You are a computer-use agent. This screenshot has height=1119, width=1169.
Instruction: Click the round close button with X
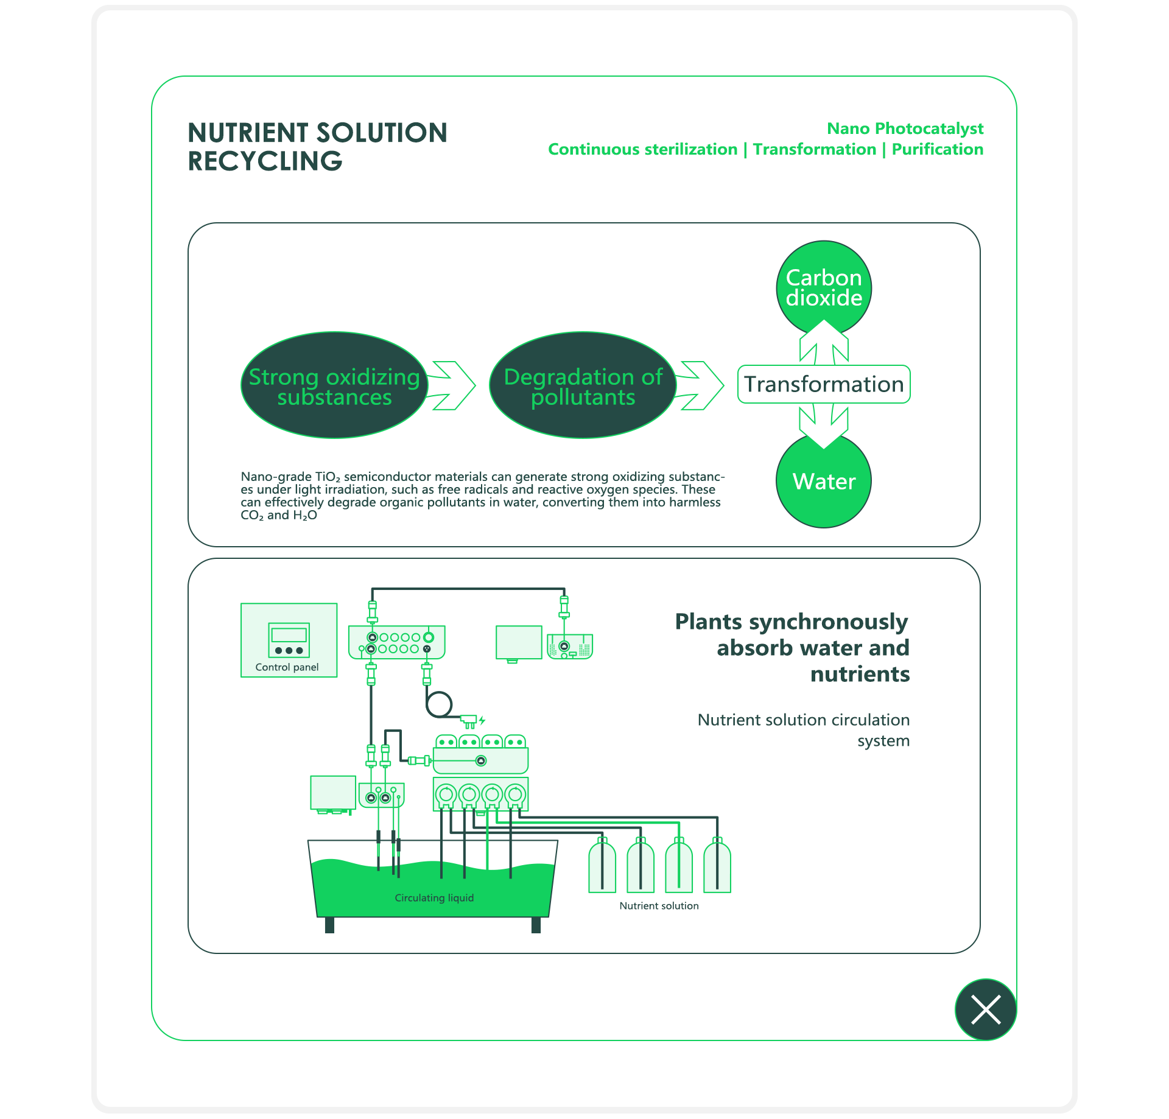click(x=985, y=1009)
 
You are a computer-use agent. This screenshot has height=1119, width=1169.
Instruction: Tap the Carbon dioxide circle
click(x=824, y=287)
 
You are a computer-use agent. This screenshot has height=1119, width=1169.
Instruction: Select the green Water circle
click(x=824, y=481)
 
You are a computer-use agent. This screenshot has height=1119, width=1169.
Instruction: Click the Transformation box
click(x=824, y=384)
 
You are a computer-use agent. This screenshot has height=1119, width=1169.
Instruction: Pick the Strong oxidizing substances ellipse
click(x=334, y=385)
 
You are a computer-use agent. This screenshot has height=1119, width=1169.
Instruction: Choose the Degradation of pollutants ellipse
click(x=583, y=385)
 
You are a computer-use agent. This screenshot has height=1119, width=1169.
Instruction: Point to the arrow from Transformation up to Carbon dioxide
click(x=824, y=344)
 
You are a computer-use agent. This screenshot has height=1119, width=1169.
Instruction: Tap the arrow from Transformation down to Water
click(x=824, y=425)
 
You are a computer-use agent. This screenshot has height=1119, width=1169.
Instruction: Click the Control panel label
click(x=287, y=667)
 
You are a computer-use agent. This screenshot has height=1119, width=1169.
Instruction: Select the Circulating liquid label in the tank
click(x=434, y=898)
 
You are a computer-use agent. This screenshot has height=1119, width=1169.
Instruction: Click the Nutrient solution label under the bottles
click(x=659, y=906)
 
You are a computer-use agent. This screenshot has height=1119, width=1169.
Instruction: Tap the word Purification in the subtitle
click(x=937, y=149)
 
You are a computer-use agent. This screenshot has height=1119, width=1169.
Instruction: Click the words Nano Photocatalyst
click(x=905, y=128)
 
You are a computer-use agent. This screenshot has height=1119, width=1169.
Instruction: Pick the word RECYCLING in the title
click(x=265, y=161)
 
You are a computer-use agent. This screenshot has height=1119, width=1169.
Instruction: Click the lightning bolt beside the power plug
click(x=482, y=720)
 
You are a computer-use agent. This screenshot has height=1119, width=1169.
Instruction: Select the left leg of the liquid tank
click(x=329, y=925)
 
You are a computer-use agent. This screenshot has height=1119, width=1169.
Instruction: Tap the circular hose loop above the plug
click(x=439, y=705)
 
